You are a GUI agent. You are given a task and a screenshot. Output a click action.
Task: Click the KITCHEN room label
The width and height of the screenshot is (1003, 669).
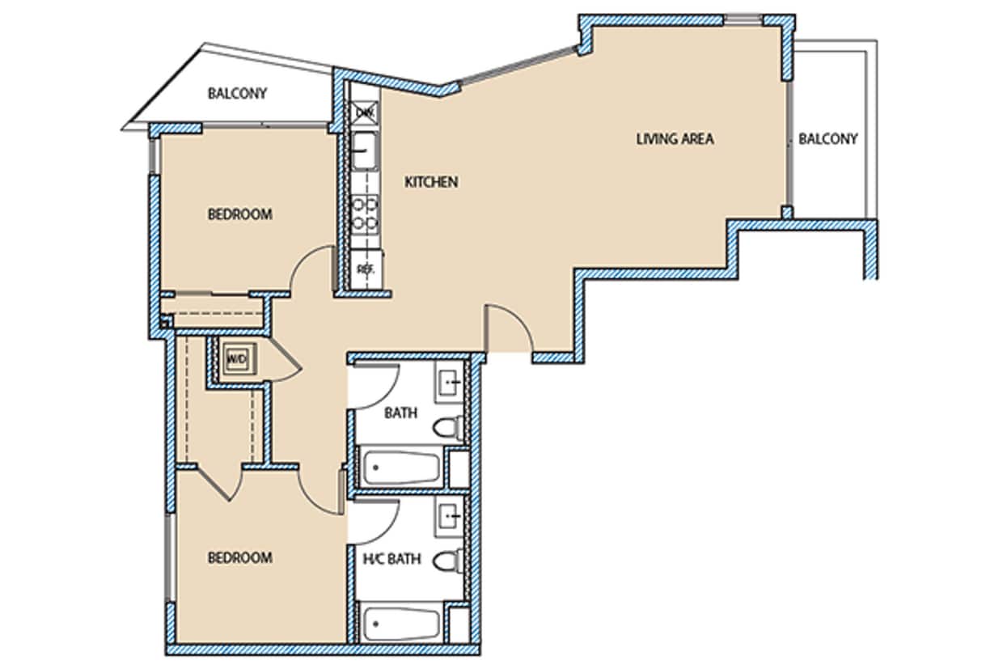tap(431, 182)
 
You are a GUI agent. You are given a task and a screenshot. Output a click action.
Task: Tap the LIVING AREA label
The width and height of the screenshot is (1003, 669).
tap(675, 138)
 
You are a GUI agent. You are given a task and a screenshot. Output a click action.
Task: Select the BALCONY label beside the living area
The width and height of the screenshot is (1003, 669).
tap(827, 138)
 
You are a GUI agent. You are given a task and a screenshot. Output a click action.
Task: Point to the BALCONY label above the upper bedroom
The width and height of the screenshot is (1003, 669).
tap(237, 93)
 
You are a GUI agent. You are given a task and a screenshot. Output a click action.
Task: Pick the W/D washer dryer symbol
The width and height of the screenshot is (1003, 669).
tap(237, 358)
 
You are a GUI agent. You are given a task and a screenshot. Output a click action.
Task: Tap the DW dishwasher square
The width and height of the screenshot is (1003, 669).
tap(365, 112)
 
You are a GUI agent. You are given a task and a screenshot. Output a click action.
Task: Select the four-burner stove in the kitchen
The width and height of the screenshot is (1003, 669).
tap(365, 212)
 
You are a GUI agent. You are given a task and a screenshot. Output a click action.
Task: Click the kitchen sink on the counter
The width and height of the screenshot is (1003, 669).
tap(365, 150)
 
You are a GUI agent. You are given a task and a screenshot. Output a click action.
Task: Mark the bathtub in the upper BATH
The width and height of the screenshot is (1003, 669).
tap(401, 468)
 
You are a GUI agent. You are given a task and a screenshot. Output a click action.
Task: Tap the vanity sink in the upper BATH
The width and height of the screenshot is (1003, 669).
tap(450, 382)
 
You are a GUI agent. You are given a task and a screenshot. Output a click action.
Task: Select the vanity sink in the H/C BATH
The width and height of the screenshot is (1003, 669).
tap(450, 514)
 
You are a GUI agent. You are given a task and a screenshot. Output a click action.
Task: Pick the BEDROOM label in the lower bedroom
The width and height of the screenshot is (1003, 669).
tap(239, 557)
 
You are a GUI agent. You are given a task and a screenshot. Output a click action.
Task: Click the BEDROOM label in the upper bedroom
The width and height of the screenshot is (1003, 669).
tap(239, 214)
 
